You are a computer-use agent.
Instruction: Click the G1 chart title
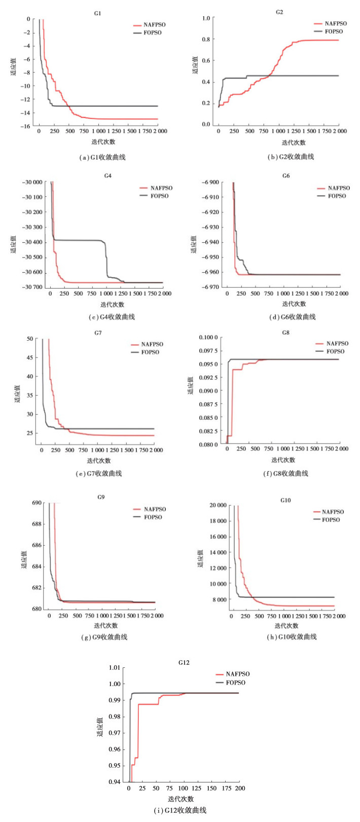98,13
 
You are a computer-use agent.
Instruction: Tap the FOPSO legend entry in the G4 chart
159,196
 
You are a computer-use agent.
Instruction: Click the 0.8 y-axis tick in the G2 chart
205,39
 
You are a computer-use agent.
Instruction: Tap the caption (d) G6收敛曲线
293,317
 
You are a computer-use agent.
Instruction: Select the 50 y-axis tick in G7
29,339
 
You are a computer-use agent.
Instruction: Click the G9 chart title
101,497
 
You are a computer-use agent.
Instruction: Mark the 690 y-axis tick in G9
37,503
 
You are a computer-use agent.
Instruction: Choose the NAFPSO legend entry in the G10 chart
333,512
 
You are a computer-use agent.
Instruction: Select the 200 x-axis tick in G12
240,789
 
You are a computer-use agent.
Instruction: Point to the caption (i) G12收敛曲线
180,810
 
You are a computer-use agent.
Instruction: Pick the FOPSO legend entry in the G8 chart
335,351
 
